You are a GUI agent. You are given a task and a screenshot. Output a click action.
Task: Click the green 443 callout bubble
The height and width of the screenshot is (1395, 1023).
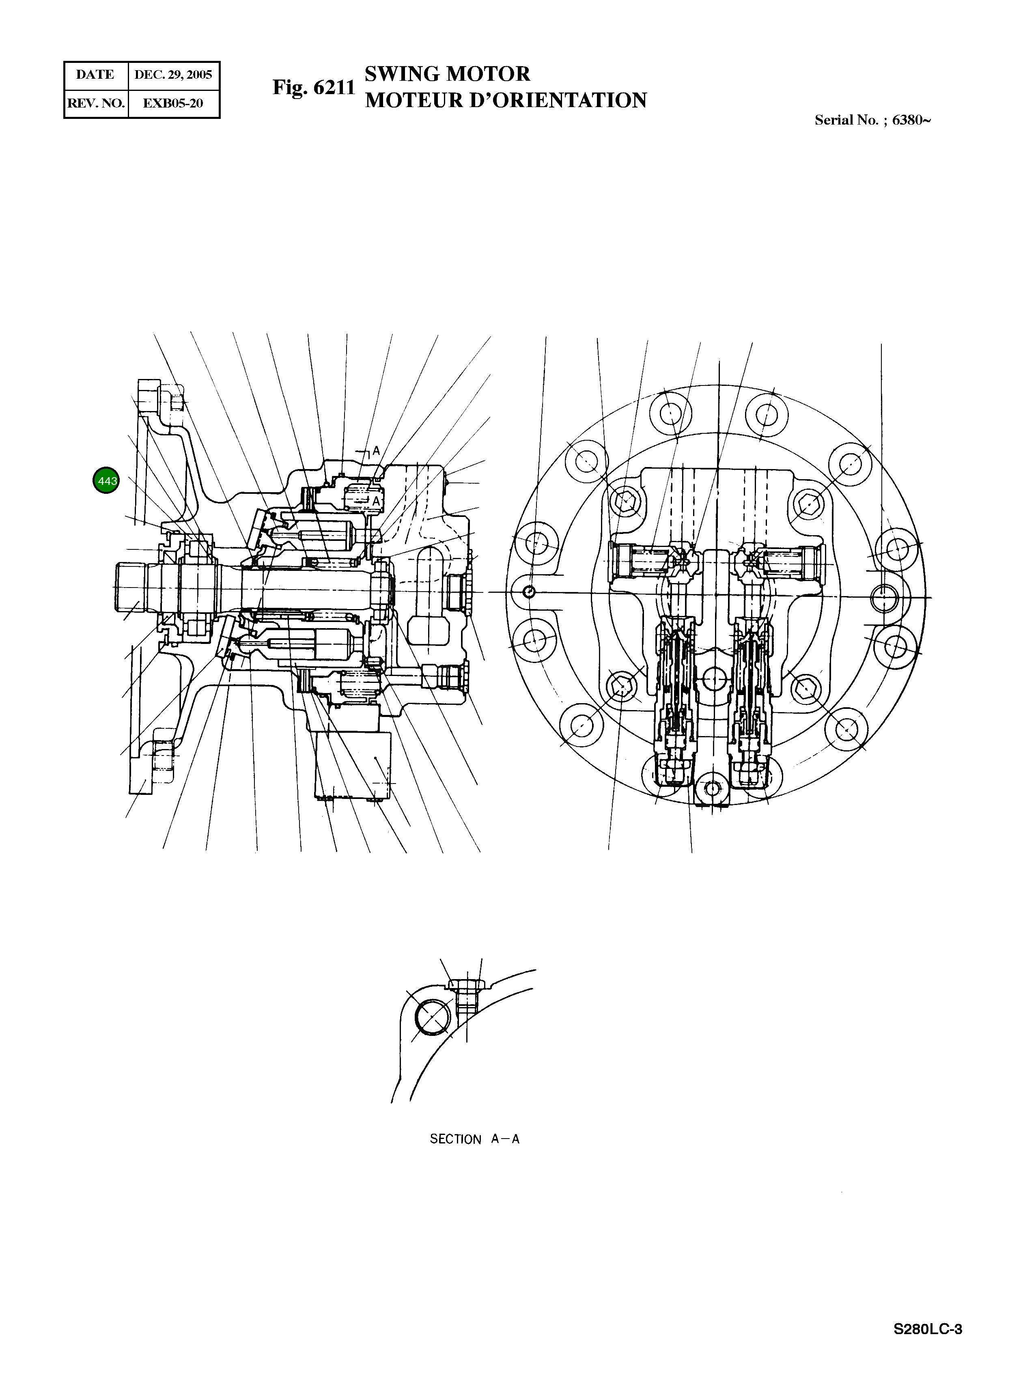coord(106,480)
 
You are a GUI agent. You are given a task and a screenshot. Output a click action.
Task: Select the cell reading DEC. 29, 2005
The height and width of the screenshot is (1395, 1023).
coord(173,75)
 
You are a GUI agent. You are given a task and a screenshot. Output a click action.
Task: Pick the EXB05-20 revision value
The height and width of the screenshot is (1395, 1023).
coord(173,103)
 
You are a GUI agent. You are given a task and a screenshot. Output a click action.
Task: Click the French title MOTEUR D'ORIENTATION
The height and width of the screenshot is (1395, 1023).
coord(505,100)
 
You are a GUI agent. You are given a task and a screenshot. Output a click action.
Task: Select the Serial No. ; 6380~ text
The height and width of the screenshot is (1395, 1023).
coord(872,120)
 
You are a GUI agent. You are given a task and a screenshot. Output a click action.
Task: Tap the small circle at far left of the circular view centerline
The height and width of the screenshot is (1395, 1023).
coord(528,592)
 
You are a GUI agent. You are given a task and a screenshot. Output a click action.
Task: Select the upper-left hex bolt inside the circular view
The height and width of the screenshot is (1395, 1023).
coord(625,499)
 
